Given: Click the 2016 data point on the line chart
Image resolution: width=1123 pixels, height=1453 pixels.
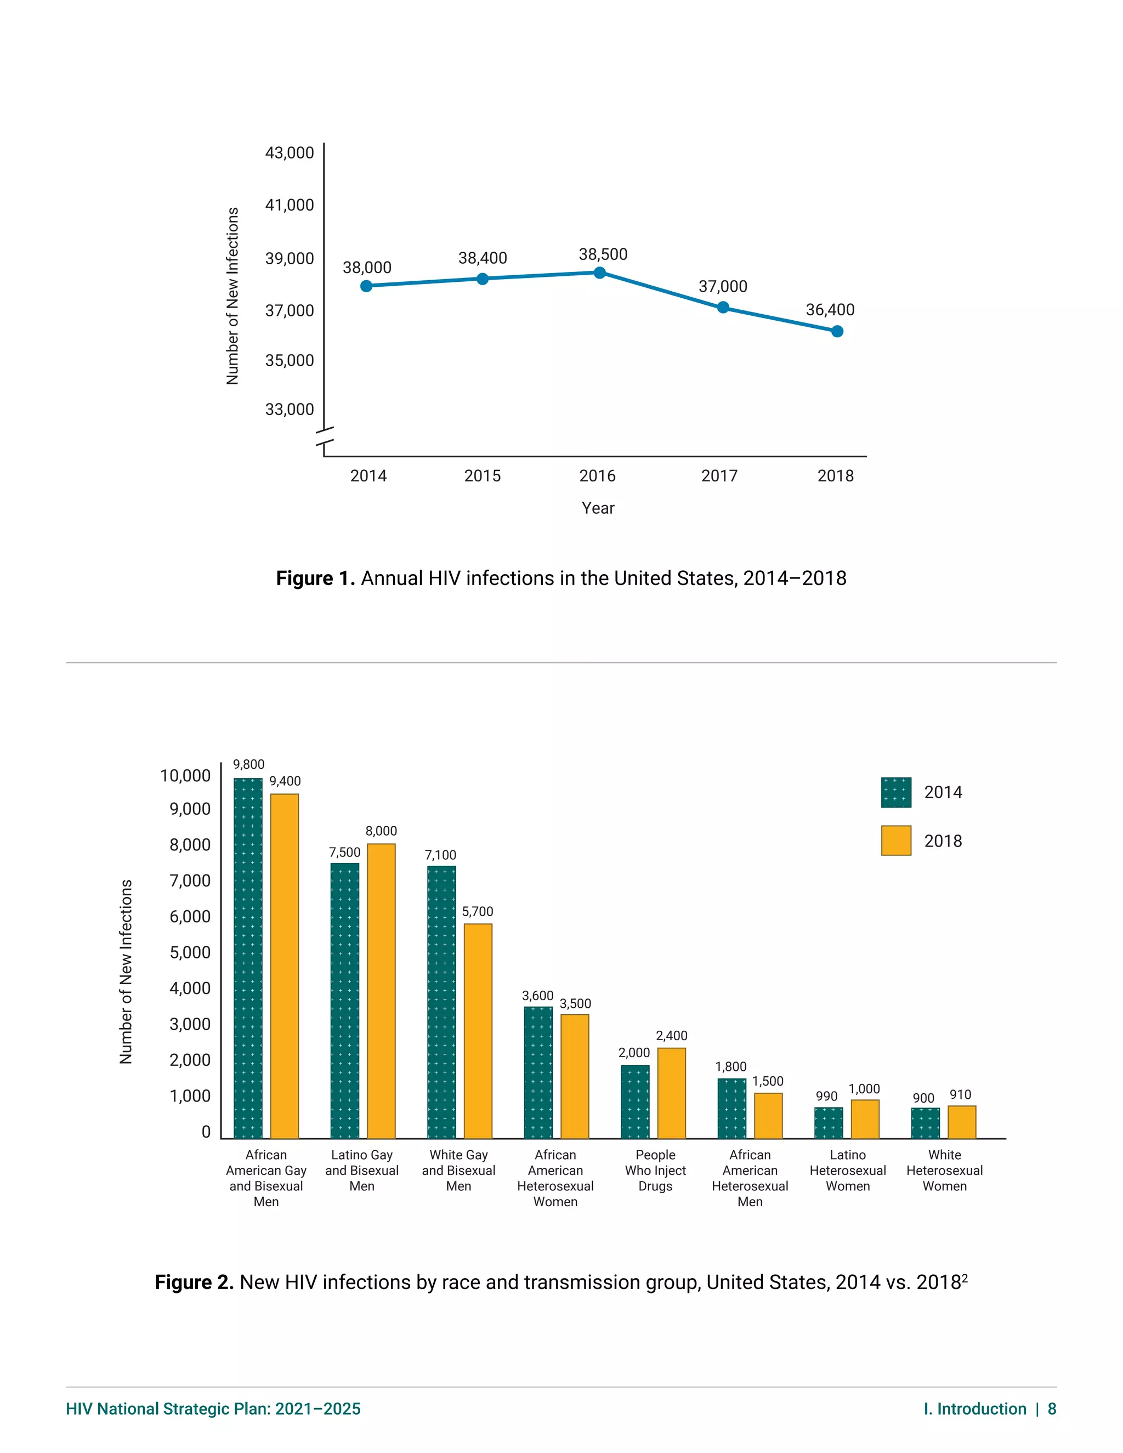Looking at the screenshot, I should (x=599, y=273).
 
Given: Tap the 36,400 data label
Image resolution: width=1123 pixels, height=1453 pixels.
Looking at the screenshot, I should (x=830, y=309).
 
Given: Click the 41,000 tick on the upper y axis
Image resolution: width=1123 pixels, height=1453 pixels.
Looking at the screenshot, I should (x=290, y=205).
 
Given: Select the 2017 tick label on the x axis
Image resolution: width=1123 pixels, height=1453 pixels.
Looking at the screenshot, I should (x=719, y=476).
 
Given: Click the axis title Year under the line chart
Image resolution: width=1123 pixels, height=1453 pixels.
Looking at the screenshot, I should (x=598, y=508).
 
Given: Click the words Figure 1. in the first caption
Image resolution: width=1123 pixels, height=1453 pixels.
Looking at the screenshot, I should (x=315, y=578).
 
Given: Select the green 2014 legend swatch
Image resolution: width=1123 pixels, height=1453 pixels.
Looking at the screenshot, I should (x=895, y=792).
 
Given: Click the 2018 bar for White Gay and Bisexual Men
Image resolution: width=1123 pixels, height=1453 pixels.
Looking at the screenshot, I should (x=478, y=1031).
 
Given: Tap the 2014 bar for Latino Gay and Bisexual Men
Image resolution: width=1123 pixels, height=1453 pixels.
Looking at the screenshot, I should (x=344, y=1001).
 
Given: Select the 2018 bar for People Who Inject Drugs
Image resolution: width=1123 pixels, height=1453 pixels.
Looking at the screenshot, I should (x=671, y=1094).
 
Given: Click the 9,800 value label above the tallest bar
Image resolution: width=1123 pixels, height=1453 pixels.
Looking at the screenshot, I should (x=248, y=764).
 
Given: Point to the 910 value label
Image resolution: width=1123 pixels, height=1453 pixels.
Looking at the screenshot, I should (x=960, y=1094).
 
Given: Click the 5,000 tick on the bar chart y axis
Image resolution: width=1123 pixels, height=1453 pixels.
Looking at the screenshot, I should (x=190, y=953).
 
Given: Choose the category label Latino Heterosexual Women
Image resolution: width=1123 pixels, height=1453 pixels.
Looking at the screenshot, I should (x=848, y=1170).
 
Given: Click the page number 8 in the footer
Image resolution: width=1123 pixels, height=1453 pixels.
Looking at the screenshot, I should (x=1052, y=1409).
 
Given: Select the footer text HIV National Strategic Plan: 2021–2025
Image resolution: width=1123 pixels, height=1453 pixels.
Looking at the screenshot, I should (x=213, y=1409).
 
